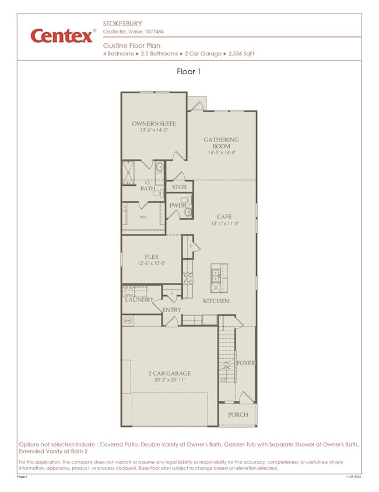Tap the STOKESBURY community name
click(x=123, y=24)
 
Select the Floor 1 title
click(x=189, y=72)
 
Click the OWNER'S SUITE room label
click(x=153, y=124)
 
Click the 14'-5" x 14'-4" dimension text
click(x=221, y=153)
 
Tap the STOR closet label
click(x=179, y=188)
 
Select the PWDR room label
click(x=177, y=206)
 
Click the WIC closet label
click(x=143, y=217)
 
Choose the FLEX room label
click(x=152, y=257)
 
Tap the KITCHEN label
click(x=216, y=301)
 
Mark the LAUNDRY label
click(x=139, y=300)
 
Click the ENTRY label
click(x=171, y=310)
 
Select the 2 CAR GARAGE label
click(x=169, y=373)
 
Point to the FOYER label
click(x=245, y=363)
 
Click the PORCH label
click(x=238, y=414)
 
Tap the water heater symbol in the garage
click(x=128, y=320)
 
